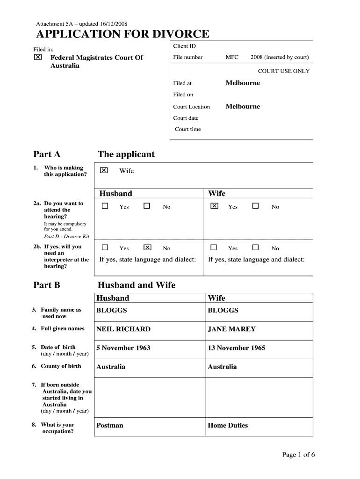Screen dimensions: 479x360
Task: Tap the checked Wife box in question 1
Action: (x=104, y=170)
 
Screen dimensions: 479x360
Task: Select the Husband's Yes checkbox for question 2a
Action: (x=105, y=206)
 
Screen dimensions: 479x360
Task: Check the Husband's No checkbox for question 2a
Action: (x=147, y=206)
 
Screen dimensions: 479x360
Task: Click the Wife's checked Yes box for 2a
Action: (x=214, y=206)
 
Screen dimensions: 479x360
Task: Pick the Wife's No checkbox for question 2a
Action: (x=255, y=206)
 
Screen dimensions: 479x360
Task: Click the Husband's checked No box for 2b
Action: (x=147, y=247)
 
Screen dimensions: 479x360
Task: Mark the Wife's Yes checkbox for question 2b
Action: (x=214, y=247)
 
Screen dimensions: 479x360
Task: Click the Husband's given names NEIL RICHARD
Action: (x=123, y=329)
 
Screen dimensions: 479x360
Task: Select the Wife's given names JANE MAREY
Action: (x=232, y=329)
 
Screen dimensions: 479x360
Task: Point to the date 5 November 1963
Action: (x=123, y=348)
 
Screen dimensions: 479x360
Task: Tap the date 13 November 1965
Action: (x=237, y=348)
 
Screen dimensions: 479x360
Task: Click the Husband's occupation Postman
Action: (x=110, y=426)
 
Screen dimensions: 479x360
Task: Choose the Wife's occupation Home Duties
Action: (x=228, y=426)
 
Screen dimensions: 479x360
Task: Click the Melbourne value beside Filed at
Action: (x=243, y=83)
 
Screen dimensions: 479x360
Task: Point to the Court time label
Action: (x=187, y=130)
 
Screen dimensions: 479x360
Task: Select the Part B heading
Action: (x=47, y=285)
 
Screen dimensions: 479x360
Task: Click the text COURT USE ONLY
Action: (x=284, y=72)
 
